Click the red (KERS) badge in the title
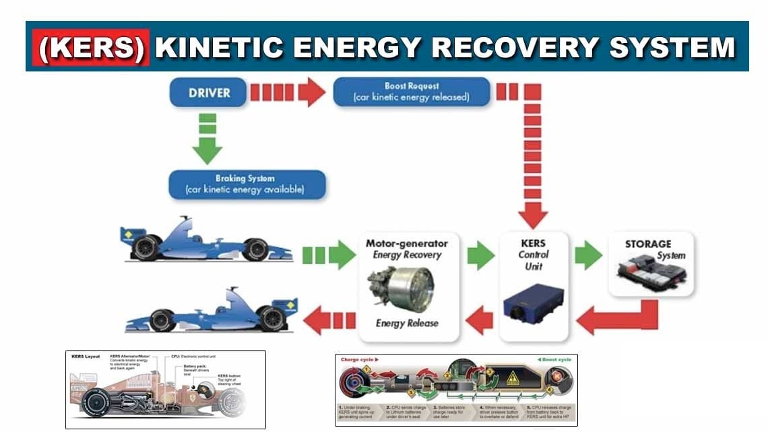coord(92,47)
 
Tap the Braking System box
coord(246,184)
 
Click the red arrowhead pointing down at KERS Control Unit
coord(533,215)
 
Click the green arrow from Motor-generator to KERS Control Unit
coord(481,255)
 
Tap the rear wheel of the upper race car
coord(146,248)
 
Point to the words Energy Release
coord(407,323)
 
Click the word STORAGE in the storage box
coord(647,244)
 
